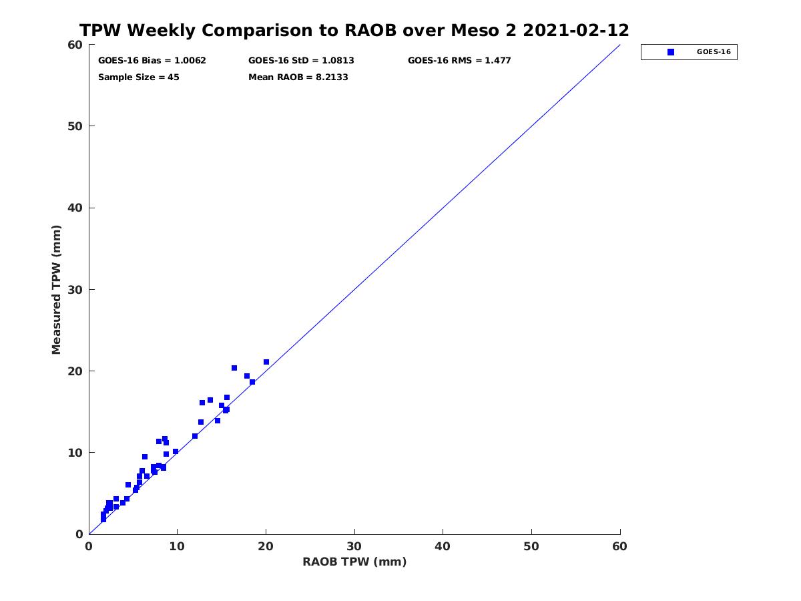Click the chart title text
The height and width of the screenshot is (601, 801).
tap(354, 30)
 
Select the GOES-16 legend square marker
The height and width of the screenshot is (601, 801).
tap(671, 52)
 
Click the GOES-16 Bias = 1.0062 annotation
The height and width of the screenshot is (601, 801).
tap(152, 61)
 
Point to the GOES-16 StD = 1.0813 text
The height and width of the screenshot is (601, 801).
tap(301, 61)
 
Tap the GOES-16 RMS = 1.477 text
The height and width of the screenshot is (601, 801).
tap(459, 61)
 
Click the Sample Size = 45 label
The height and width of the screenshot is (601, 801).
tap(139, 77)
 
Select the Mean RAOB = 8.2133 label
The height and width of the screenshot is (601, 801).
tap(298, 77)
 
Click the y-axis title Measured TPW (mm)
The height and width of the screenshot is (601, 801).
tap(56, 290)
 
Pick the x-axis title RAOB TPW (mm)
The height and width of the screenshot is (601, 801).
tap(354, 562)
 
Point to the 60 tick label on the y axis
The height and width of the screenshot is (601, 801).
tap(75, 45)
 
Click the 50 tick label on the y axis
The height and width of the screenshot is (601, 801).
tap(75, 126)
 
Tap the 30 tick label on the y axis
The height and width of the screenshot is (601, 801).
tap(75, 290)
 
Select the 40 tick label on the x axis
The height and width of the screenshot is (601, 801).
tap(443, 546)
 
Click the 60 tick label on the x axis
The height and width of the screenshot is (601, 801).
tap(619, 546)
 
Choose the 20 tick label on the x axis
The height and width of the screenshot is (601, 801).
tap(266, 546)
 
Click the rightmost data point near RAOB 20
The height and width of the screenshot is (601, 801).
tap(266, 362)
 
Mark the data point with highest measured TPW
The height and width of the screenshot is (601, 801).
tap(266, 362)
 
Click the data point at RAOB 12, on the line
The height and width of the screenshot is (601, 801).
tap(195, 436)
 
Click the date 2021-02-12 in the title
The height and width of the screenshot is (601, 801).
tap(576, 30)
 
